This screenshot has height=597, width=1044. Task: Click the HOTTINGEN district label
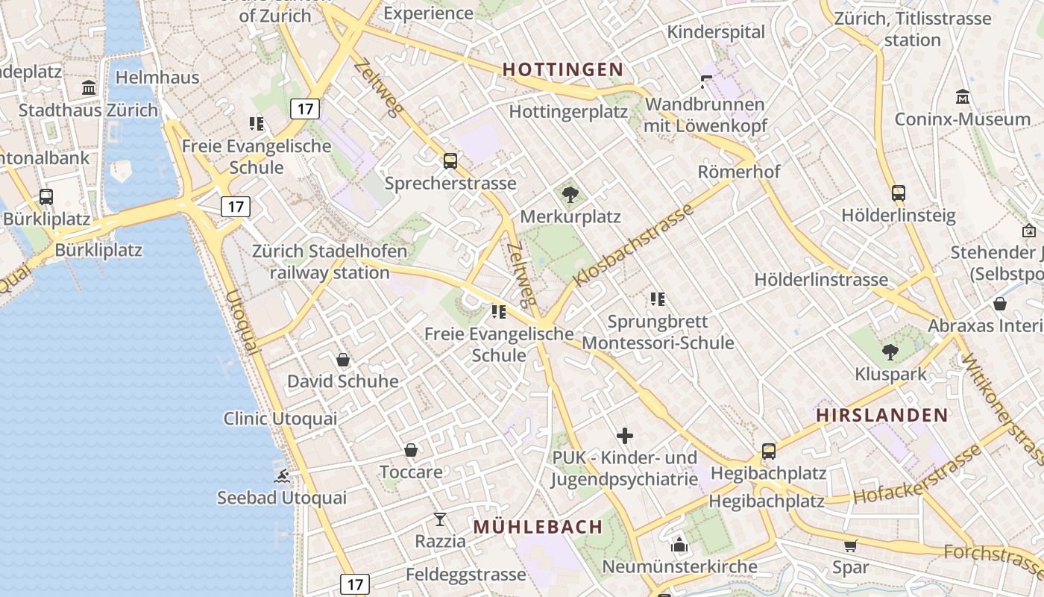562,69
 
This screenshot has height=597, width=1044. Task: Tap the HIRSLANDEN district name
881,415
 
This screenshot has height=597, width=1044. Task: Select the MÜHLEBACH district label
538,526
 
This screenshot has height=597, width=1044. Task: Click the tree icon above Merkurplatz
570,196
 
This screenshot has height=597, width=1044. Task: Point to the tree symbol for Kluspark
890,352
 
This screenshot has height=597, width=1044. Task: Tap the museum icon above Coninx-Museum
963,97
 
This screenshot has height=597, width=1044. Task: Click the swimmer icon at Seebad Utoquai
282,476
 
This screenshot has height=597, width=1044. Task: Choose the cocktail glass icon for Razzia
440,519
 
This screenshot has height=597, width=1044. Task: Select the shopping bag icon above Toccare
411,450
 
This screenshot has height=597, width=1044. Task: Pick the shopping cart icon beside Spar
850,546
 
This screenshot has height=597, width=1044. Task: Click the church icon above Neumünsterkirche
679,546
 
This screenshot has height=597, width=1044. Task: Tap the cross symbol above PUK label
625,435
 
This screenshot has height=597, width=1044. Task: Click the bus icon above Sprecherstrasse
450,160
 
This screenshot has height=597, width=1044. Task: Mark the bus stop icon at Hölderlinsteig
898,193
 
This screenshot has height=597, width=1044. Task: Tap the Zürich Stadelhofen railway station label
330,261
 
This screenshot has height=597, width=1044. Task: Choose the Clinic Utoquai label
280,419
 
